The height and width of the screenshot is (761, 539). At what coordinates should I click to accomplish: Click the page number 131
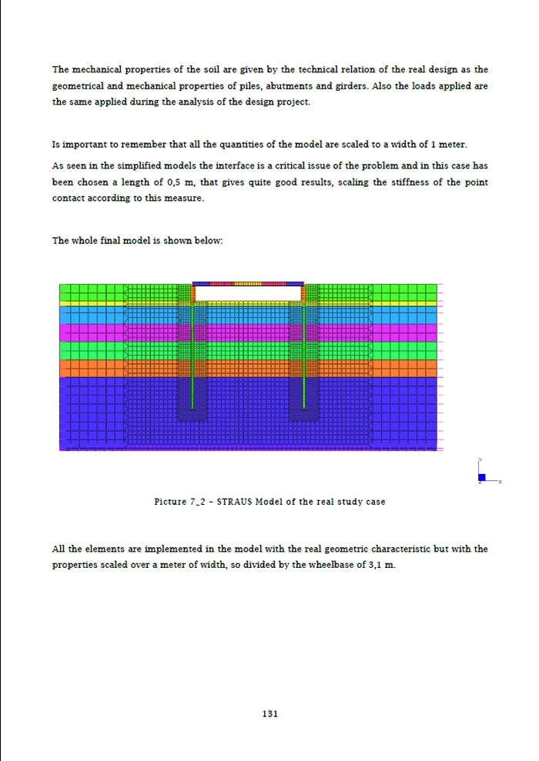click(x=269, y=714)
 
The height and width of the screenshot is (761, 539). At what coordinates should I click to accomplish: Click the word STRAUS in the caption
click(x=235, y=502)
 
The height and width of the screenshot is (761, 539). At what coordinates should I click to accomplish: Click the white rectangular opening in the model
click(x=247, y=293)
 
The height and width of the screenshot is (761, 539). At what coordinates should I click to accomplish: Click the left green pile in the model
click(x=192, y=354)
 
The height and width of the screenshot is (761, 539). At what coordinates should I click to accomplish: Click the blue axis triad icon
click(x=481, y=478)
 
